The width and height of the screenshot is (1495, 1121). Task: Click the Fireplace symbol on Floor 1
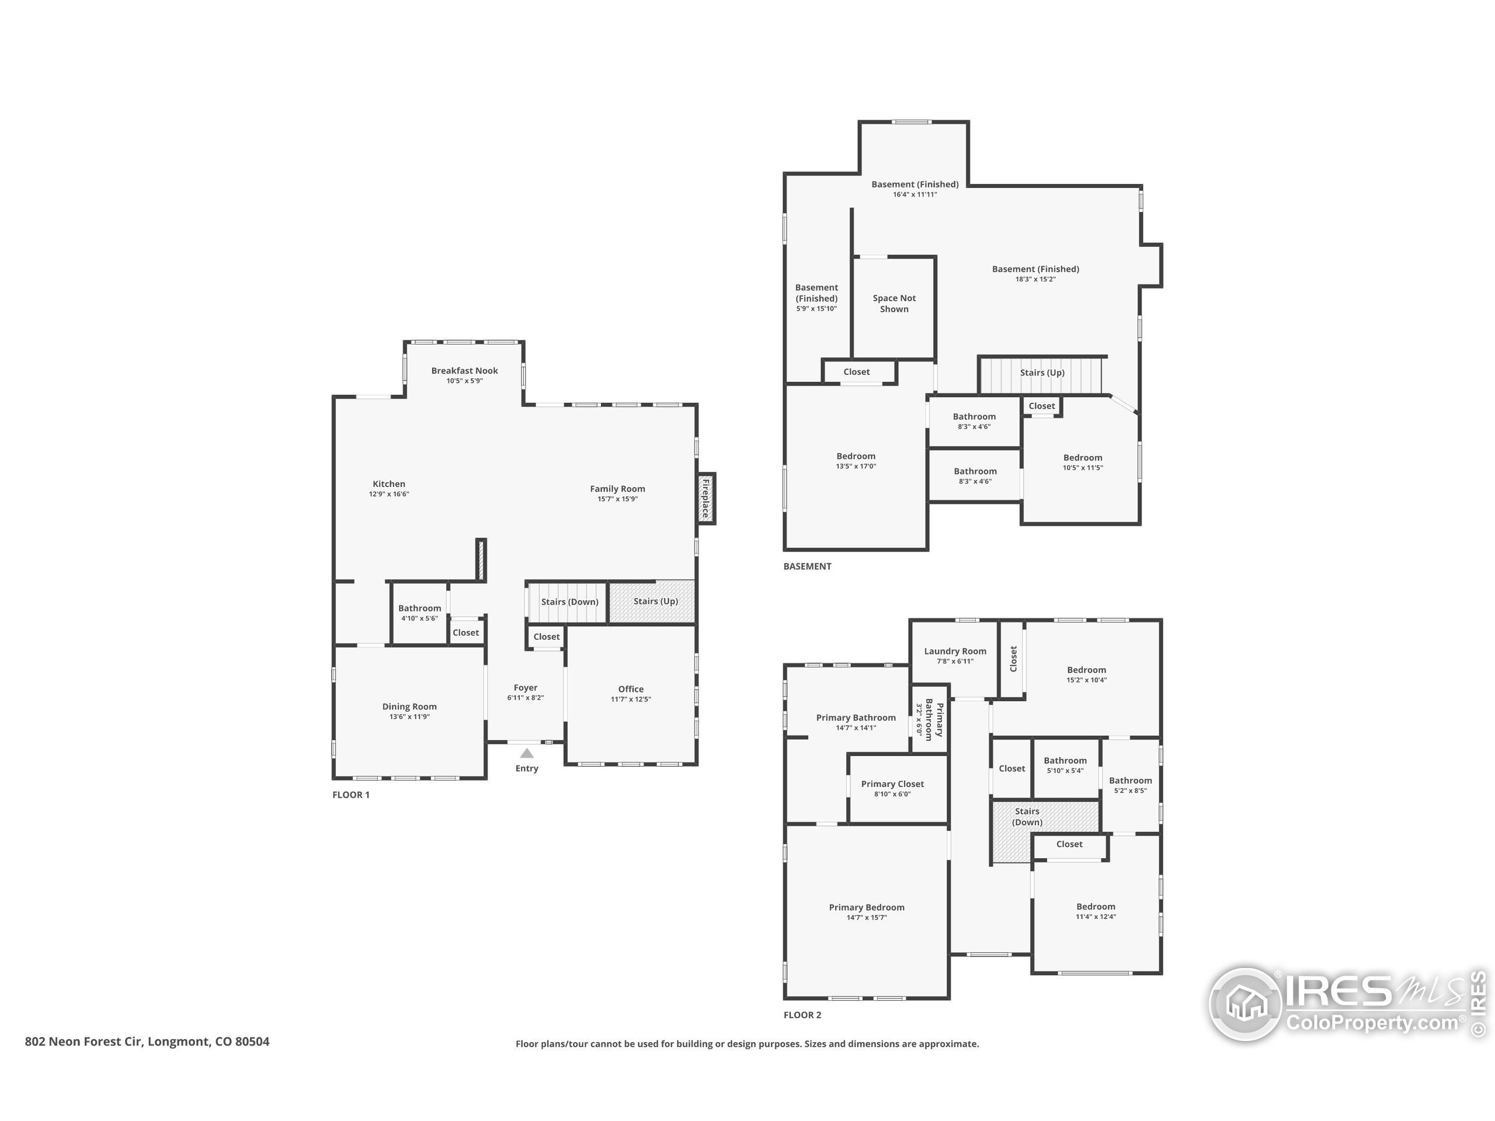(705, 499)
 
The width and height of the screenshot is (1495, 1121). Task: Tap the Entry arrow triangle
(527, 753)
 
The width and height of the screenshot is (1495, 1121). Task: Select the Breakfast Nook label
(464, 370)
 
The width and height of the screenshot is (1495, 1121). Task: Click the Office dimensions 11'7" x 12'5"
(631, 699)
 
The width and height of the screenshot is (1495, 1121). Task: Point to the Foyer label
(525, 688)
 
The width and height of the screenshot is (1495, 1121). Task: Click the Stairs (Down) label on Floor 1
(569, 601)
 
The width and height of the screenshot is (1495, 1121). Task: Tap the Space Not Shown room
(893, 304)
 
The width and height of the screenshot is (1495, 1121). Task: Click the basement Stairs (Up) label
(1041, 372)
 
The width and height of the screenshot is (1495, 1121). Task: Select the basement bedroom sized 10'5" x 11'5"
(1082, 462)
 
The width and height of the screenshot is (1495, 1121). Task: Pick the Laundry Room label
(954, 652)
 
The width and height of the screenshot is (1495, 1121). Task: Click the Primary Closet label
(892, 784)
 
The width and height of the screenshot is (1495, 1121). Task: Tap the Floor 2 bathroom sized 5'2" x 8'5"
(1130, 785)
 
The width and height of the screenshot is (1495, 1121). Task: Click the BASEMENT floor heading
(807, 566)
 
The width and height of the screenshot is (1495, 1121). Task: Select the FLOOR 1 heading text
(351, 795)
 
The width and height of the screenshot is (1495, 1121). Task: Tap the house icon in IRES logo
(1244, 1004)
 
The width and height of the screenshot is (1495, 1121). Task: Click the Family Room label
(617, 489)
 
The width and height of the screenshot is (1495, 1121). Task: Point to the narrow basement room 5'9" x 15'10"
(816, 297)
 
